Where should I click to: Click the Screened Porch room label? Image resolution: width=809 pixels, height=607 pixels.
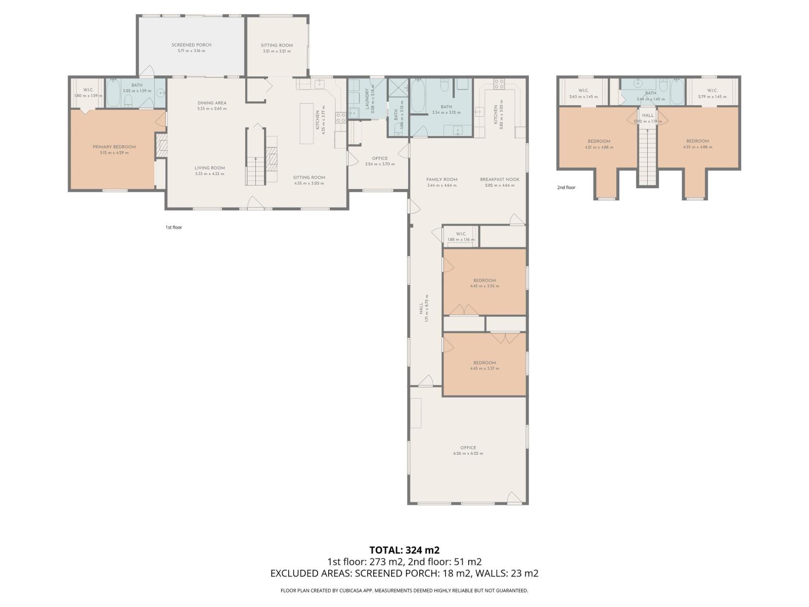[x=191, y=45]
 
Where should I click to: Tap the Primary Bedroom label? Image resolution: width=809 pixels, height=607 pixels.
[x=114, y=147]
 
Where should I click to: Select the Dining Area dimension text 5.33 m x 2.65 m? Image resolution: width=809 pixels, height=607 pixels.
[x=212, y=109]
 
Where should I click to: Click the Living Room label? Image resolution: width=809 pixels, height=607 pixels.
[x=209, y=168]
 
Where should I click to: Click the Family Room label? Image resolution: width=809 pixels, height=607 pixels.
[x=441, y=179]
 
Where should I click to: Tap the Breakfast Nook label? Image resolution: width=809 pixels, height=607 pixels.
[x=500, y=179]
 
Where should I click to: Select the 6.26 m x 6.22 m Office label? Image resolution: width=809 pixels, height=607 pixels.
[x=468, y=448]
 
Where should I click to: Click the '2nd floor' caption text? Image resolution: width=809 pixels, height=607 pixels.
[x=566, y=188]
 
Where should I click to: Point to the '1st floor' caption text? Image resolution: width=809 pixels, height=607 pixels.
[x=173, y=228]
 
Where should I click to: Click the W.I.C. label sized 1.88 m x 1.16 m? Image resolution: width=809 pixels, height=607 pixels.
[x=461, y=234]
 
